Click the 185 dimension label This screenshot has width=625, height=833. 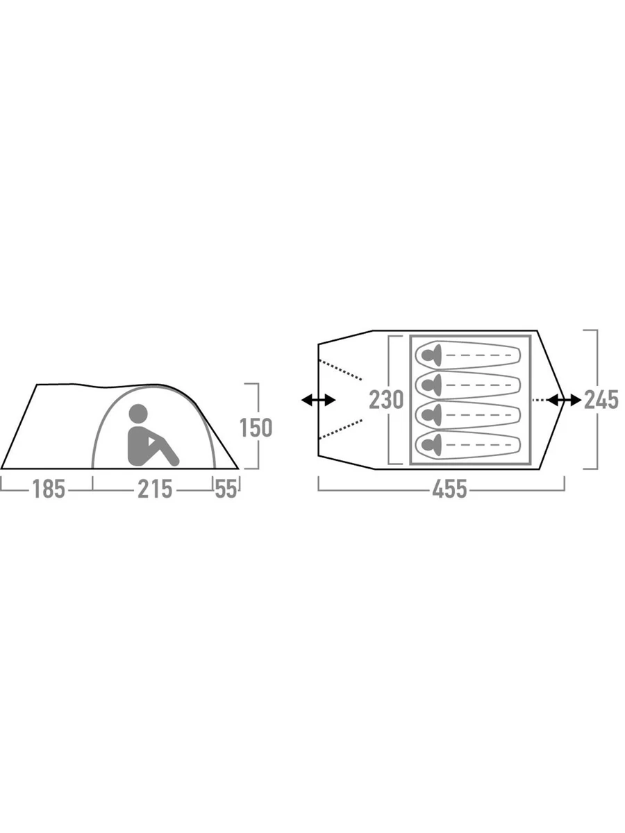[x=49, y=489]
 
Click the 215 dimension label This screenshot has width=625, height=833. [x=155, y=489]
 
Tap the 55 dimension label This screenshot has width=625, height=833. [x=226, y=489]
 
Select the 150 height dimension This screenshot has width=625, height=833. [x=256, y=428]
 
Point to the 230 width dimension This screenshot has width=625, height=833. [x=386, y=400]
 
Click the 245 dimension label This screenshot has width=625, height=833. [x=601, y=400]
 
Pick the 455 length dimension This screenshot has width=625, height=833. [x=450, y=489]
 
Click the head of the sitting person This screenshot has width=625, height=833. [x=137, y=414]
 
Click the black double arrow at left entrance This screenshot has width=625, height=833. [x=318, y=400]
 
